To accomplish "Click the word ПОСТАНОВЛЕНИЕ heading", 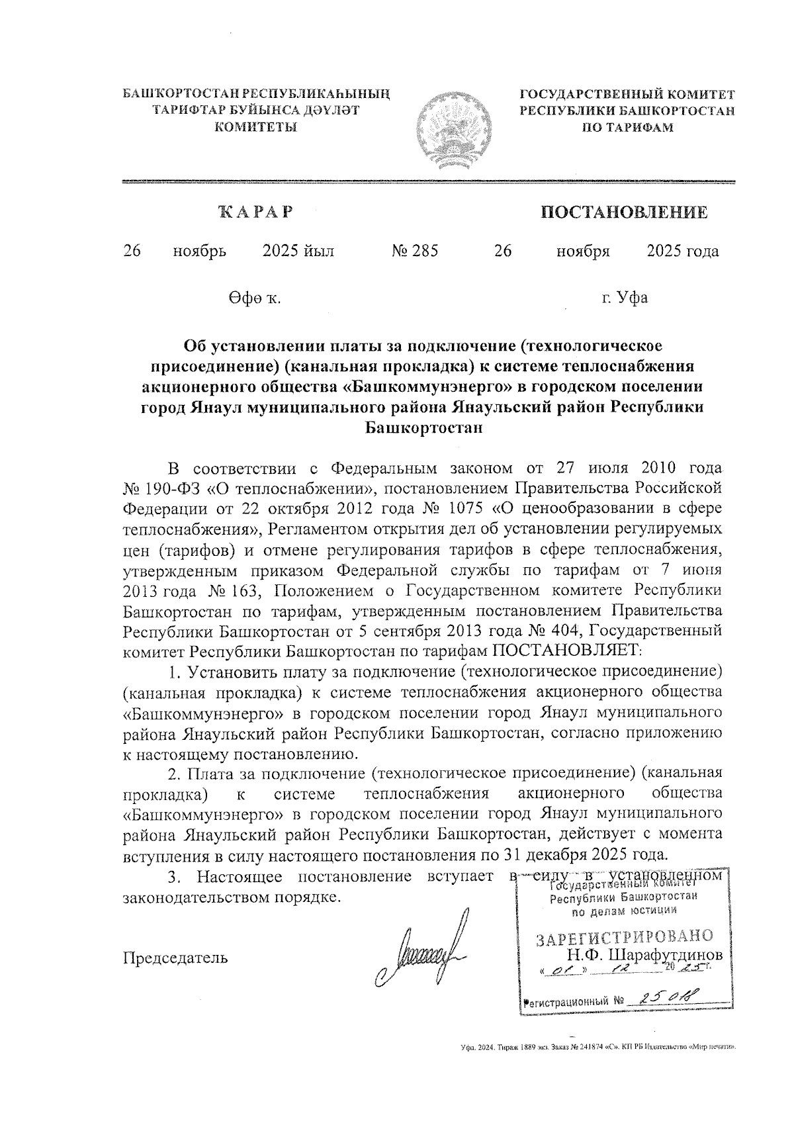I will [x=624, y=212].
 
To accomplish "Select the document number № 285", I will [x=415, y=251].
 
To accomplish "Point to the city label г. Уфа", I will [x=624, y=298].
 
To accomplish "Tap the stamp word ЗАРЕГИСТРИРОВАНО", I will [x=625, y=937].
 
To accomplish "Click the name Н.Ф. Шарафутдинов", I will [x=644, y=956].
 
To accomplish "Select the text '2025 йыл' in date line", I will [x=298, y=251].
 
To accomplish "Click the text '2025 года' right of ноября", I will [x=682, y=251].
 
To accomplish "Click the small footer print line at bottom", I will [x=598, y=1047].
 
